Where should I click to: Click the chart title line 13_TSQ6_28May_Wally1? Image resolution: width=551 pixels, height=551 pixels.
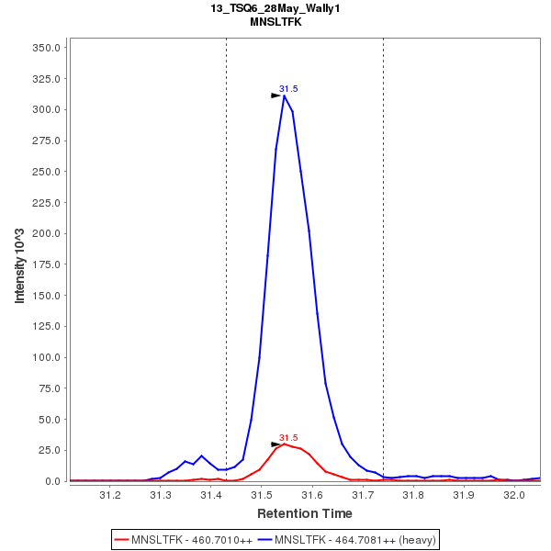pyautogui.click(x=275, y=8)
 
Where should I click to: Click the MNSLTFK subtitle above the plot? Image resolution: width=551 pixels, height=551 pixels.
pyautogui.click(x=275, y=22)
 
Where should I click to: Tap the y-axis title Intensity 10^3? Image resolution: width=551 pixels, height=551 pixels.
pyautogui.click(x=19, y=264)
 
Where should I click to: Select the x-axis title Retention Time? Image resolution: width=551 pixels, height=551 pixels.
pyautogui.click(x=304, y=513)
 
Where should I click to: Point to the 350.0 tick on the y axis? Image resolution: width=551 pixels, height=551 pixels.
pyautogui.click(x=46, y=48)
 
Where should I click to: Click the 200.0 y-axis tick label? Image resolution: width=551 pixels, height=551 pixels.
pyautogui.click(x=46, y=233)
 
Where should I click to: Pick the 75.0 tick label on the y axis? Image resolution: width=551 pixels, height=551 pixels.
pyautogui.click(x=49, y=388)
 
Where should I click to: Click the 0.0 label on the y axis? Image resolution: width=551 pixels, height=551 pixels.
pyautogui.click(x=52, y=481)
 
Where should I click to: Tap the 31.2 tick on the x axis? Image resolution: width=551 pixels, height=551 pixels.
pyautogui.click(x=110, y=496)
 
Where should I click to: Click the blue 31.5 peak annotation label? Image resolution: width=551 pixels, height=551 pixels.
pyautogui.click(x=288, y=89)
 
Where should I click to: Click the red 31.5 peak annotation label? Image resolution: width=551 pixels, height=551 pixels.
pyautogui.click(x=288, y=438)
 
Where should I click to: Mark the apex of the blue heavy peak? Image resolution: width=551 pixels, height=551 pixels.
pyautogui.click(x=285, y=96)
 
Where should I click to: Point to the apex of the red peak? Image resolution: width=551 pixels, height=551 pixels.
pyautogui.click(x=285, y=444)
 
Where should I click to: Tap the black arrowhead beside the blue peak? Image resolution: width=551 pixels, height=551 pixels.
pyautogui.click(x=275, y=96)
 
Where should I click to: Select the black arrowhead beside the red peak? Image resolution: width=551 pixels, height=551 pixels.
pyautogui.click(x=275, y=444)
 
